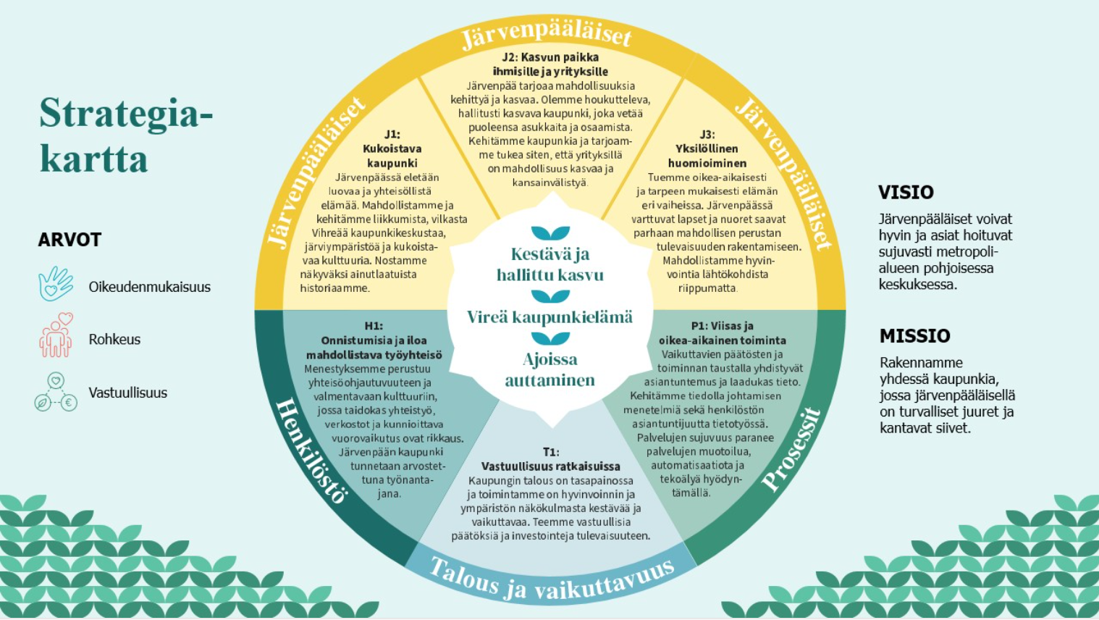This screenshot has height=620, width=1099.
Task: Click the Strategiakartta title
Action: (x=126, y=135)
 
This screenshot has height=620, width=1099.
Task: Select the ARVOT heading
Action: (x=70, y=240)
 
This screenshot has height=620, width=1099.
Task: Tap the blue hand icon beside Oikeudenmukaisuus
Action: (x=56, y=284)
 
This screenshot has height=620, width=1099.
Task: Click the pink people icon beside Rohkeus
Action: (x=56, y=335)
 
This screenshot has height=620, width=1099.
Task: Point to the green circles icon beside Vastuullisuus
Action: (x=56, y=392)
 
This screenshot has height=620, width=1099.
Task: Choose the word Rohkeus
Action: (x=114, y=339)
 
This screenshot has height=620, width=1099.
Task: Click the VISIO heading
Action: (x=906, y=193)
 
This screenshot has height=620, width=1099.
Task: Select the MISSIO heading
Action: (x=914, y=336)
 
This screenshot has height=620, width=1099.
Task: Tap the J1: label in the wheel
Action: (x=392, y=135)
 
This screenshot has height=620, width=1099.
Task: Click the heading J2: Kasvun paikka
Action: (x=550, y=57)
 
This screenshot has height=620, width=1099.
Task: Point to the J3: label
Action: (x=707, y=135)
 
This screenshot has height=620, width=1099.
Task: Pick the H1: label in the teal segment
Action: (x=374, y=326)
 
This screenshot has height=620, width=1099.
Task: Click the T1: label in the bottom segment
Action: (x=551, y=452)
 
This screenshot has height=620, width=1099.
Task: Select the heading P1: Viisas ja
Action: (x=723, y=326)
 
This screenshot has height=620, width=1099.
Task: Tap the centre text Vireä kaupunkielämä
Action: (x=550, y=318)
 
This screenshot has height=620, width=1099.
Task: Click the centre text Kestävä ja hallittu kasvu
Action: (x=550, y=264)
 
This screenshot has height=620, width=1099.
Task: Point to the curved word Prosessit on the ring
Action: (x=791, y=450)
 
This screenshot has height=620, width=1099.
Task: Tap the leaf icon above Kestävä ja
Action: (x=550, y=232)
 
